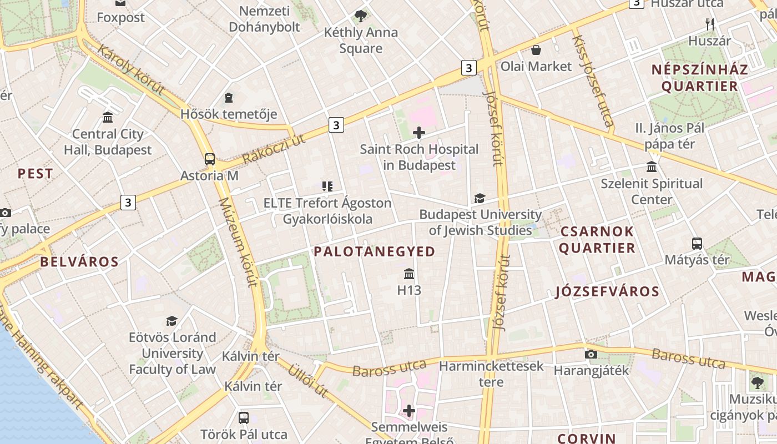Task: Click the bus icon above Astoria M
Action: tap(210, 159)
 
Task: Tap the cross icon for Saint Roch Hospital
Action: tap(419, 133)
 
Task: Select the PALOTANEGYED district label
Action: tap(374, 252)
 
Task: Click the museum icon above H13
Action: tap(409, 274)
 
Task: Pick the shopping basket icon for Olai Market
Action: tap(536, 51)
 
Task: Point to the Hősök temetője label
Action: tap(229, 114)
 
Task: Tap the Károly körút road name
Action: tap(131, 69)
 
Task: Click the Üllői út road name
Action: tap(307, 380)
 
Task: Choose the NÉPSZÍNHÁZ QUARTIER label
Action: tap(700, 78)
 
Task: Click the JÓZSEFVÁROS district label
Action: tap(607, 292)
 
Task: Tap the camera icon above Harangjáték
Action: tap(591, 354)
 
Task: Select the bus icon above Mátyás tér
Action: tap(697, 243)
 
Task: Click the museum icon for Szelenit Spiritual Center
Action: tap(652, 167)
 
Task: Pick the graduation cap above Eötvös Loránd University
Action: tap(172, 321)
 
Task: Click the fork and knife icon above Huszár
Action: tap(709, 24)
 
